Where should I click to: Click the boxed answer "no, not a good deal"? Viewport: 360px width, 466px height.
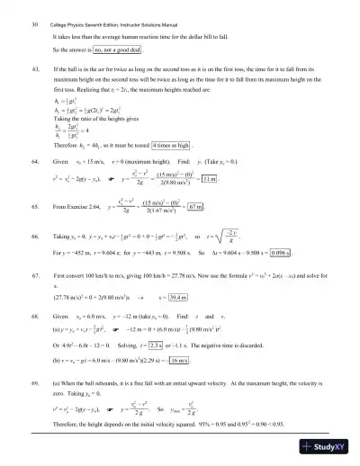pos(118,50)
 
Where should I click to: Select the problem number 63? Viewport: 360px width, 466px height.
pos(35,68)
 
